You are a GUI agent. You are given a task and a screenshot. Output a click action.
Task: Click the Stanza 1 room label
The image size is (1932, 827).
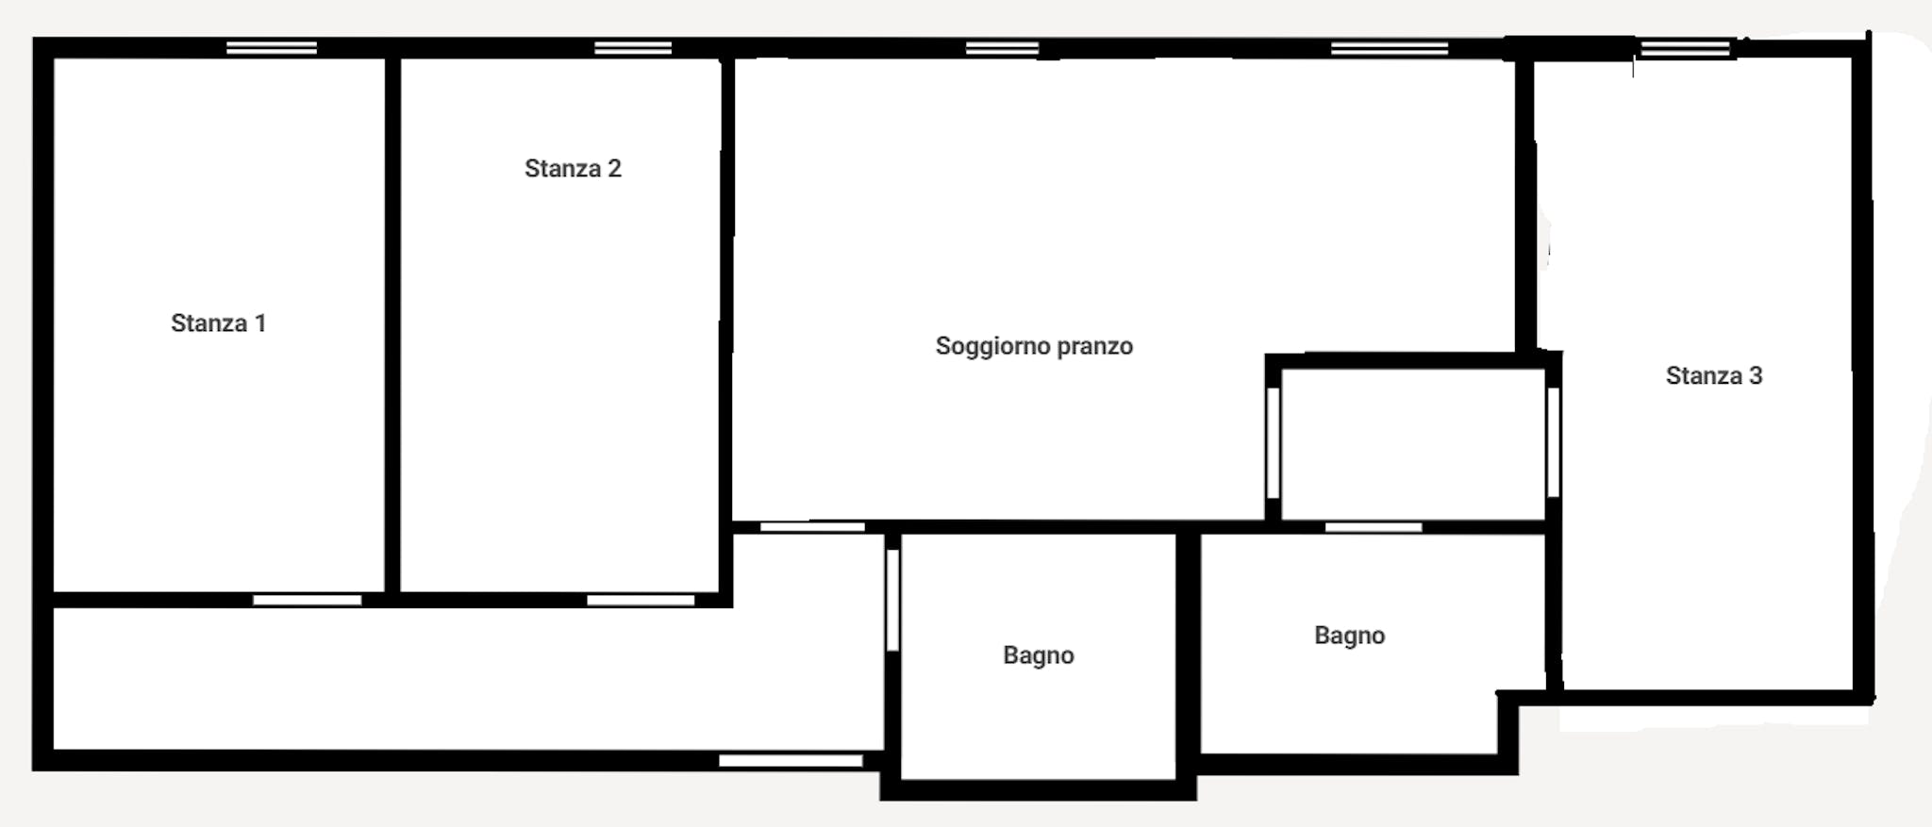218,323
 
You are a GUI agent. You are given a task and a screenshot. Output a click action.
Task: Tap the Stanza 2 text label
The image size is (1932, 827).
573,169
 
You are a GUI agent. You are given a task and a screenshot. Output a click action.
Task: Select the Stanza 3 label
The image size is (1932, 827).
1713,376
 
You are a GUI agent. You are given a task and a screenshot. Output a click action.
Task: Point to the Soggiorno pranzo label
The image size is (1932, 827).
1034,346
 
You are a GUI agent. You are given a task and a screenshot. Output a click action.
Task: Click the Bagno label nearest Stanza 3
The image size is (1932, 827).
1349,636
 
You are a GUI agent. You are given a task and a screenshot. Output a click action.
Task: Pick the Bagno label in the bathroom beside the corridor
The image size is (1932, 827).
1038,655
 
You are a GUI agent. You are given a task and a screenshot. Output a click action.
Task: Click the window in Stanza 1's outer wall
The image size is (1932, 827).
272,48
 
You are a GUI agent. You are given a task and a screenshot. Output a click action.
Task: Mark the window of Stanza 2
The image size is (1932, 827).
633,48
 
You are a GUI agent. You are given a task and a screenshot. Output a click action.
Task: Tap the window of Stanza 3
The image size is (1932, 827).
1685,48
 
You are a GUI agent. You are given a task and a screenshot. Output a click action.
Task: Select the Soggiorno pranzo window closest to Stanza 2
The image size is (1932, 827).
1002,48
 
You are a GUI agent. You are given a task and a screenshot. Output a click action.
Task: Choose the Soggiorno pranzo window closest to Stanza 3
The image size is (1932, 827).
1389,48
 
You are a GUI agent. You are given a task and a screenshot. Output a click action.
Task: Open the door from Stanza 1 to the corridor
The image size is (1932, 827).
308,600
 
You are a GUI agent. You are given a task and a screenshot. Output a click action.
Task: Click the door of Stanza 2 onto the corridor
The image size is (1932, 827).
641,600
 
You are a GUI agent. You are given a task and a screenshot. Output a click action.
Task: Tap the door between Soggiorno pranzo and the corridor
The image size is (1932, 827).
812,527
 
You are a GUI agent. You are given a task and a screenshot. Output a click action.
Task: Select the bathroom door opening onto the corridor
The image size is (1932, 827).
892,600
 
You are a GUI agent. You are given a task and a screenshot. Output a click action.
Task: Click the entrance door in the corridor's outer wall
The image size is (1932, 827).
791,760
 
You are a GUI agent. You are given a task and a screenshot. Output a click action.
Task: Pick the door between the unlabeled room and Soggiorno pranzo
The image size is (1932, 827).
1273,442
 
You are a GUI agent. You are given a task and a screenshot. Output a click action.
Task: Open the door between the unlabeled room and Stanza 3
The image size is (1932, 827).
1553,442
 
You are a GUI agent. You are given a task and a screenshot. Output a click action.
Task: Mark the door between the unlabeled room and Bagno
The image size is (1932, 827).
1374,527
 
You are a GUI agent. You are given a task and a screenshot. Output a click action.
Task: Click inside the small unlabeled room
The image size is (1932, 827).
1413,443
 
